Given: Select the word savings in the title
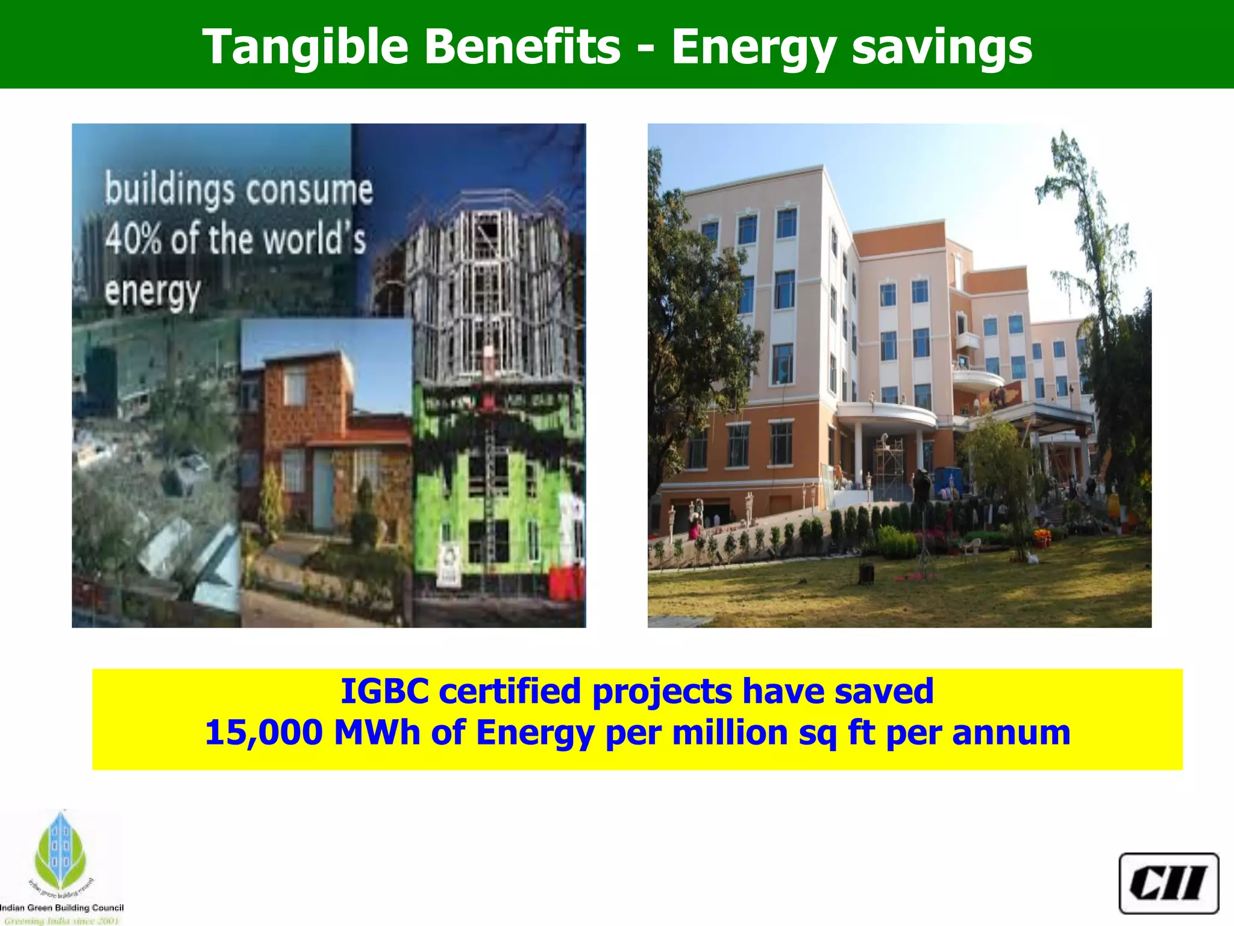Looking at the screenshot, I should (942, 47).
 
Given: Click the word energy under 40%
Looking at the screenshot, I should (152, 292).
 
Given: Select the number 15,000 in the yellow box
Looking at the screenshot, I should (263, 733).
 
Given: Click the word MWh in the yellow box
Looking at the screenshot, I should (377, 733).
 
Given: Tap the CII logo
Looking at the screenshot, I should (1168, 883).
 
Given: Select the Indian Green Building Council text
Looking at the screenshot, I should (61, 908).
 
